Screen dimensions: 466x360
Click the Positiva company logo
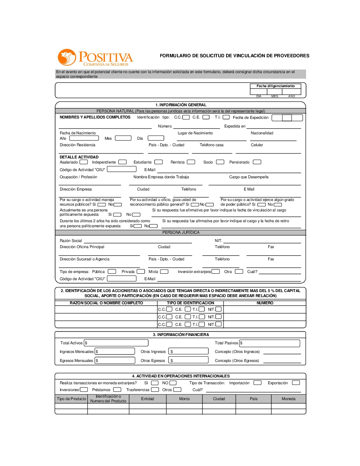95,58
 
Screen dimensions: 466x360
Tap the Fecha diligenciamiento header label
275,86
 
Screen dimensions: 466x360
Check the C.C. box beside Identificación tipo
186,117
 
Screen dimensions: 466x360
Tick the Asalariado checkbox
84,162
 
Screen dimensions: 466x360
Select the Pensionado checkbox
257,162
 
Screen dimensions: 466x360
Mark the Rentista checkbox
191,162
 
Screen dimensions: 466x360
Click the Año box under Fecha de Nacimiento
84,138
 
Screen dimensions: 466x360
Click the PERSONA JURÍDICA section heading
181,233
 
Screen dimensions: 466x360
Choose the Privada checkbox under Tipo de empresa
141,272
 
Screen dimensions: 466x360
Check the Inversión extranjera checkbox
216,272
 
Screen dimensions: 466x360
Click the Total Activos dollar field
116,343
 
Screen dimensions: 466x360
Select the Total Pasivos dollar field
270,343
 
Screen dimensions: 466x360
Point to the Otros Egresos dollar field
188,360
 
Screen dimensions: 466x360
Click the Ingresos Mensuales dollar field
114,351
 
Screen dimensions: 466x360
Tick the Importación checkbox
257,383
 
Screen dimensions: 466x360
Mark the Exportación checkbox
296,383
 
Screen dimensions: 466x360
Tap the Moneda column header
288,399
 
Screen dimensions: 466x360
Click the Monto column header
184,399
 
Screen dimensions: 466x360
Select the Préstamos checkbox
117,390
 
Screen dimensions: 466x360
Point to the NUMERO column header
265,303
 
